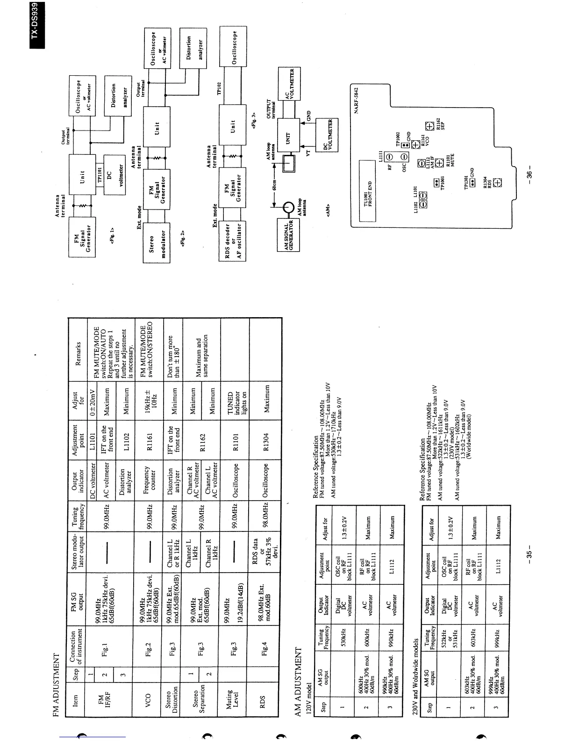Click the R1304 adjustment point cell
[x=265, y=441]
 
